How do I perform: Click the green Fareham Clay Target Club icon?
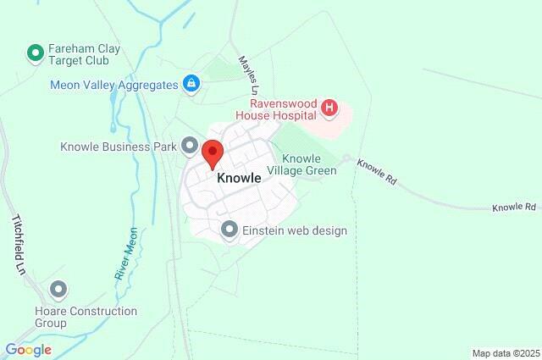coord(36,55)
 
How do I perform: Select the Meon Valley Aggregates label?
coord(114,85)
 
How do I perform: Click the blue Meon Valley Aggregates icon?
coord(192,84)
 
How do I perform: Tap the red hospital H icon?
coord(329,108)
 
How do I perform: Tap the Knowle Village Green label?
coord(308,164)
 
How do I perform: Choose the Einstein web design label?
coord(295,230)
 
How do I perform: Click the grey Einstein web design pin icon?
coord(229,230)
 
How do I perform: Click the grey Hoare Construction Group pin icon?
coord(58,291)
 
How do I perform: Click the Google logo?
coord(28,350)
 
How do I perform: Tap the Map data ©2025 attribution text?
coord(505,353)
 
